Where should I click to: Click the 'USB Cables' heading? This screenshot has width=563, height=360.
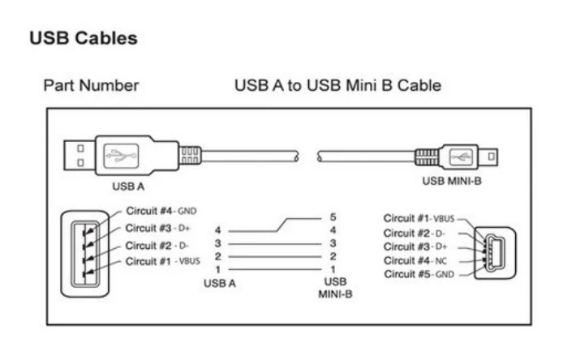(x=84, y=38)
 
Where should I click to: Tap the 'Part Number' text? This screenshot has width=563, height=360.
(x=91, y=86)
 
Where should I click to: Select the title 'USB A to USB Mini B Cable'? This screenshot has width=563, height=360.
(x=337, y=85)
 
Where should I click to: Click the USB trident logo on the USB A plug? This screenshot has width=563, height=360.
(x=121, y=156)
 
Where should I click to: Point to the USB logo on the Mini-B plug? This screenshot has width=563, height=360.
(x=461, y=156)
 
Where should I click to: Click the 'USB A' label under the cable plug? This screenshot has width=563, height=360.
(x=128, y=186)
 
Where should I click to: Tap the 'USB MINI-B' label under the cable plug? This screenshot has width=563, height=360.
(x=452, y=181)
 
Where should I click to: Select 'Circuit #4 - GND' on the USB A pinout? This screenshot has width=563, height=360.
(x=161, y=211)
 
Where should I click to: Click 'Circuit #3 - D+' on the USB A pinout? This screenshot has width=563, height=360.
(x=157, y=228)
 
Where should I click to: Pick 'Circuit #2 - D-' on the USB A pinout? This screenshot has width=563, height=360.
(x=157, y=246)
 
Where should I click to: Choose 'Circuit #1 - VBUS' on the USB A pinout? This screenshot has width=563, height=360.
(x=162, y=261)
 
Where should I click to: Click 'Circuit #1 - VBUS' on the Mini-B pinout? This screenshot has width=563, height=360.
(x=419, y=218)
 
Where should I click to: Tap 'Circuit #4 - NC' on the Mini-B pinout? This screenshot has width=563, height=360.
(x=415, y=260)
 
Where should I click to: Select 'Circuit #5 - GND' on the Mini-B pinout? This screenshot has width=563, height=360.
(x=419, y=274)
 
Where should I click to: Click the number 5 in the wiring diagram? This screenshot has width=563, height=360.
(x=333, y=217)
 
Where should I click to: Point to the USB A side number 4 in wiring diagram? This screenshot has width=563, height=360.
(x=217, y=230)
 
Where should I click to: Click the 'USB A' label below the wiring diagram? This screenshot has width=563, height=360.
(x=220, y=283)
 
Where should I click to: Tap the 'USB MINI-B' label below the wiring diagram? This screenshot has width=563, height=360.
(x=335, y=288)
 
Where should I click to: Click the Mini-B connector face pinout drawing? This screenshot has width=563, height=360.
(x=495, y=253)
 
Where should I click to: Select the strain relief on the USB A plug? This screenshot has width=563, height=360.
(x=189, y=156)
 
